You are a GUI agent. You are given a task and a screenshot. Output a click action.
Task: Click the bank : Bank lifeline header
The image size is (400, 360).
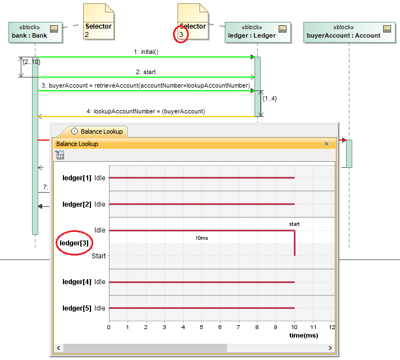pos(34,31)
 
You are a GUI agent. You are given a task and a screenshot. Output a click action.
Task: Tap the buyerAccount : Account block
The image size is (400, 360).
pos(348,31)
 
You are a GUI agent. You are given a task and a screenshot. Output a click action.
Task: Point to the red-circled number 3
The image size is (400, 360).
pos(181,35)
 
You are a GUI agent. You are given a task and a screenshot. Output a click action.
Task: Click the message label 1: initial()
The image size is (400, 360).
pos(146,52)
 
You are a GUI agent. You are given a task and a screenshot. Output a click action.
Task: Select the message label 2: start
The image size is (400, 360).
pos(146,72)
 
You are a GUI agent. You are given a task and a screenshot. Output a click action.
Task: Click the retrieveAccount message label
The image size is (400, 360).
pos(145,85)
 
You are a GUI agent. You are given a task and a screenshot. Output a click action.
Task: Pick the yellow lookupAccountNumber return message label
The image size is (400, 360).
pos(146,111)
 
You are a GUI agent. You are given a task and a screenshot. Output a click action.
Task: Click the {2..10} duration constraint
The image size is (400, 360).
pos(31,61)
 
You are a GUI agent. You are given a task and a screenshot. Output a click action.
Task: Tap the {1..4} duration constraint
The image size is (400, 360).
pos(270,98)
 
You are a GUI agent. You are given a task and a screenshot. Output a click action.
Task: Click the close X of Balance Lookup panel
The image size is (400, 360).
pos(326,144)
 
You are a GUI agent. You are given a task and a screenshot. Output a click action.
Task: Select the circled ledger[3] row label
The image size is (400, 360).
pos(75,243)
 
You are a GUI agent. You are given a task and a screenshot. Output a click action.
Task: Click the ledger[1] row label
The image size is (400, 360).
pos(76,178)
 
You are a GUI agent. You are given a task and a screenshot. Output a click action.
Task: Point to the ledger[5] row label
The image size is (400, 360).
pos(76,308)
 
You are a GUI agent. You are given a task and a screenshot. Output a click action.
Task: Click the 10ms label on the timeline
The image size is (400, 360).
pos(202,238)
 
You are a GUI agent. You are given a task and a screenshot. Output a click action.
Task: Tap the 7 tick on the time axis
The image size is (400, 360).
pos(239,327)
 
